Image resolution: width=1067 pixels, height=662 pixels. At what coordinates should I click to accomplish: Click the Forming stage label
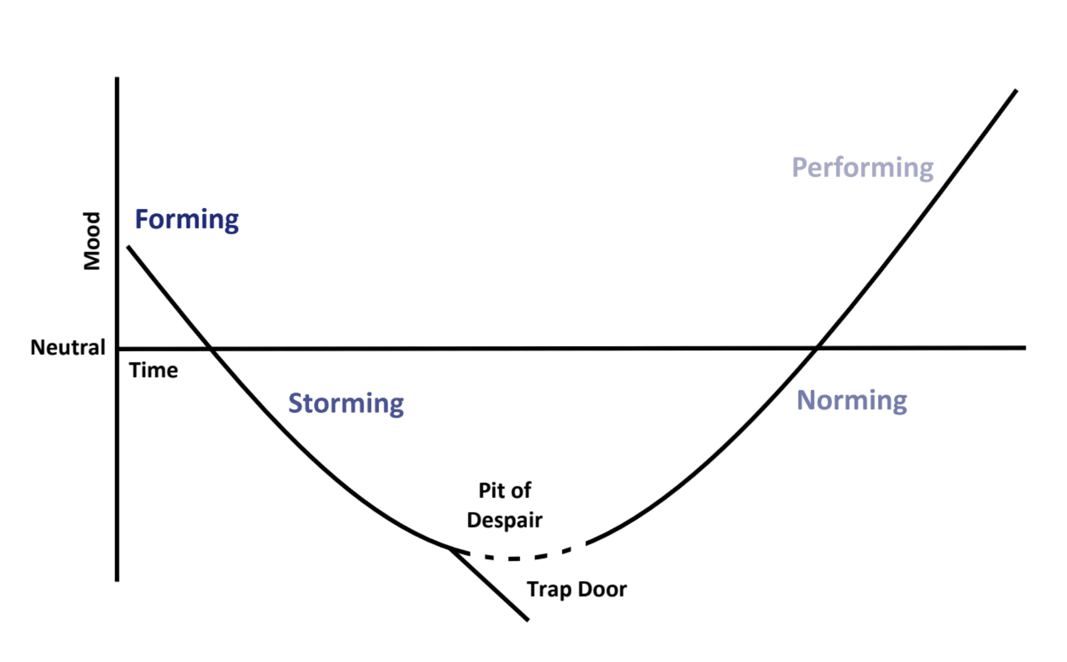pyautogui.click(x=186, y=220)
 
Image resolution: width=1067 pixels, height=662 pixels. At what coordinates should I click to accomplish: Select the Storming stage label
pyautogui.click(x=346, y=403)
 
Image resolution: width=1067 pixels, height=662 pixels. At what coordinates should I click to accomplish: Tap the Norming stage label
pyautogui.click(x=851, y=400)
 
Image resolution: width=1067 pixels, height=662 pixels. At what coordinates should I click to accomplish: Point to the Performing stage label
pyautogui.click(x=862, y=168)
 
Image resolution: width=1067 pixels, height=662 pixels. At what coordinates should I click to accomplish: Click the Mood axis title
pyautogui.click(x=92, y=241)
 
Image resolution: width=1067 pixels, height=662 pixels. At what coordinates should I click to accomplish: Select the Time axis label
pyautogui.click(x=154, y=371)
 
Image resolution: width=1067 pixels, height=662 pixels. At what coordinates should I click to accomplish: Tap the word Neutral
pyautogui.click(x=68, y=348)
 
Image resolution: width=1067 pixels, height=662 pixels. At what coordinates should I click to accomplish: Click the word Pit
pyautogui.click(x=490, y=490)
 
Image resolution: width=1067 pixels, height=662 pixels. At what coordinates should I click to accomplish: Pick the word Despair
pyautogui.click(x=504, y=520)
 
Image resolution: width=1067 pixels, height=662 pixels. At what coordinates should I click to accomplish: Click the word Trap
pyautogui.click(x=549, y=590)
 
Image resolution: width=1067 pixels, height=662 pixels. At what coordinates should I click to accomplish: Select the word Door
pyautogui.click(x=602, y=589)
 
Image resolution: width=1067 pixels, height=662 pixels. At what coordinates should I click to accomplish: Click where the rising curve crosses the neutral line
pyautogui.click(x=817, y=348)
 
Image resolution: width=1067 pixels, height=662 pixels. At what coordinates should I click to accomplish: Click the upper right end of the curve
pyautogui.click(x=1016, y=91)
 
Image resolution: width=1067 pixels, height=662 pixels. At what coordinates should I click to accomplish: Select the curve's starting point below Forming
pyautogui.click(x=129, y=247)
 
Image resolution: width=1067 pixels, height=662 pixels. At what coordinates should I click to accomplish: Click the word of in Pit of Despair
pyautogui.click(x=521, y=490)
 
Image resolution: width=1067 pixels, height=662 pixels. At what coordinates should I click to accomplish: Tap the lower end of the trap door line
pyautogui.click(x=528, y=620)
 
